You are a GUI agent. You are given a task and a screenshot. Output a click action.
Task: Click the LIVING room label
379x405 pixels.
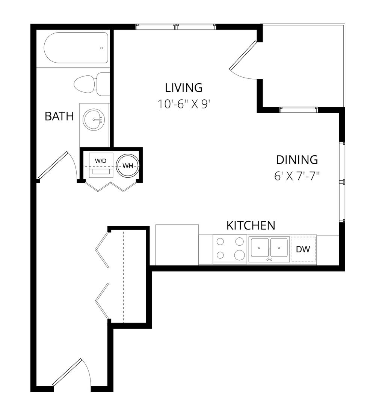[184, 88]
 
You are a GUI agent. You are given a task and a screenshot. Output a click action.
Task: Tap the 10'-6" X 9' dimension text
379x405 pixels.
[183, 104]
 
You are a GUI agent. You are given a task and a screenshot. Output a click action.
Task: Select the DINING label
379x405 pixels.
[297, 160]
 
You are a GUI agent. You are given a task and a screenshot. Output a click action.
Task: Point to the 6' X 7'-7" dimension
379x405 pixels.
[297, 176]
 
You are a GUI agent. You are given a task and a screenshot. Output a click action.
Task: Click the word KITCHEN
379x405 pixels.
[251, 225]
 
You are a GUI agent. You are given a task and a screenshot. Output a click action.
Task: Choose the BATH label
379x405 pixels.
[59, 116]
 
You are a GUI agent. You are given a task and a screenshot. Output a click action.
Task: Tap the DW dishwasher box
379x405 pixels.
[303, 249]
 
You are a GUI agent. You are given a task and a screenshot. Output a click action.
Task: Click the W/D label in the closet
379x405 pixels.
[101, 161]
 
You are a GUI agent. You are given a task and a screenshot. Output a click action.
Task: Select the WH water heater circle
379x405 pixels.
[128, 166]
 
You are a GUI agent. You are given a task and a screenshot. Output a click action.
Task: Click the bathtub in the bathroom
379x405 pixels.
[76, 48]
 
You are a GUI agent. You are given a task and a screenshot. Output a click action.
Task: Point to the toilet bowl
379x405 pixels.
[84, 84]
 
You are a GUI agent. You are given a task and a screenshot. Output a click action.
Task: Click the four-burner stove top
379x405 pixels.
[230, 249]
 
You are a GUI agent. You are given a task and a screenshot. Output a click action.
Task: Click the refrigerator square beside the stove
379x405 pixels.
[177, 245]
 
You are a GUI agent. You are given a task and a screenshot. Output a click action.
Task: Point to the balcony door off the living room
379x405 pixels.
[243, 59]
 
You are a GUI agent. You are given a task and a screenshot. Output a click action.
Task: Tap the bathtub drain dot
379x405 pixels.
[101, 48]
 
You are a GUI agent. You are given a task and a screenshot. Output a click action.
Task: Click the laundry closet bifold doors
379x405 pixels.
[111, 186]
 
